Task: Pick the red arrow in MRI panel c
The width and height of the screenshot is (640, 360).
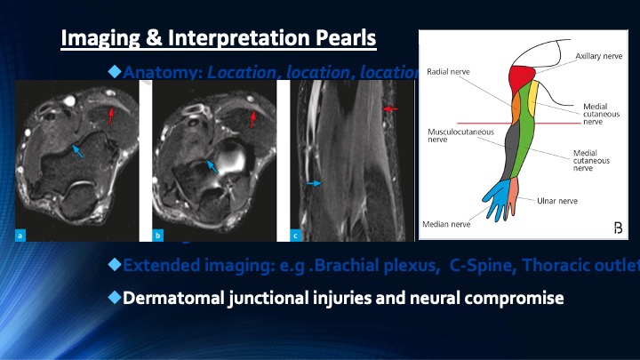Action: [390, 108]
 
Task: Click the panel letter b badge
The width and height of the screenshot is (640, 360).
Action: [157, 235]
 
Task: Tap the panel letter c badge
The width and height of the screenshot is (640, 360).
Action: [295, 235]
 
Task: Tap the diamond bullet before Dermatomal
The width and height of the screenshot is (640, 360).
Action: [114, 296]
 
